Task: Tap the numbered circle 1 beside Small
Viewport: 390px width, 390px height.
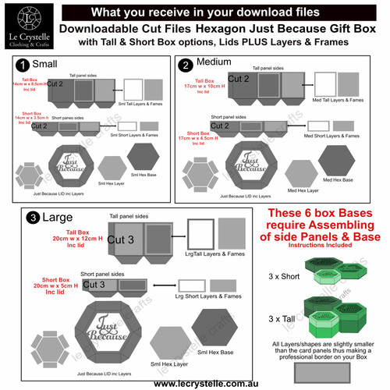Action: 24,65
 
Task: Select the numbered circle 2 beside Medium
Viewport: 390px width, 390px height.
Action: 186,65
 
